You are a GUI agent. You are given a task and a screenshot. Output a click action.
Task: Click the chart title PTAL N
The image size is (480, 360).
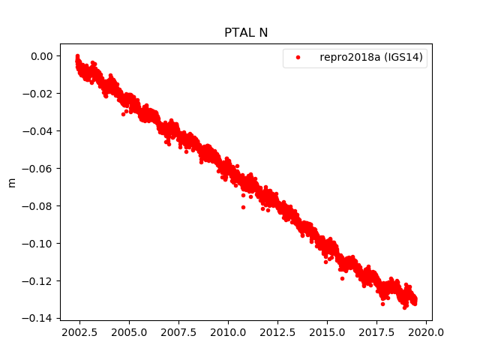[246, 33]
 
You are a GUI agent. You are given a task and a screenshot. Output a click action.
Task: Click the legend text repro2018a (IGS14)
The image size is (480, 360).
[373, 58]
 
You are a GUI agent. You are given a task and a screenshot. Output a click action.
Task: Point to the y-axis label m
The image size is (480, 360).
[11, 182]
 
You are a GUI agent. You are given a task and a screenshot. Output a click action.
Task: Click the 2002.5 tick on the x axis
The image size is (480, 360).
[79, 332]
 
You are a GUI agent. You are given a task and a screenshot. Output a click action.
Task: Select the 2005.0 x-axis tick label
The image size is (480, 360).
[129, 332]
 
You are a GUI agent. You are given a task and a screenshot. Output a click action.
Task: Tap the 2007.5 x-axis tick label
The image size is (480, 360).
[178, 332]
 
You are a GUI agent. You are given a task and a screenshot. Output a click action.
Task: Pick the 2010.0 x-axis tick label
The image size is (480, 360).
[228, 332]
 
